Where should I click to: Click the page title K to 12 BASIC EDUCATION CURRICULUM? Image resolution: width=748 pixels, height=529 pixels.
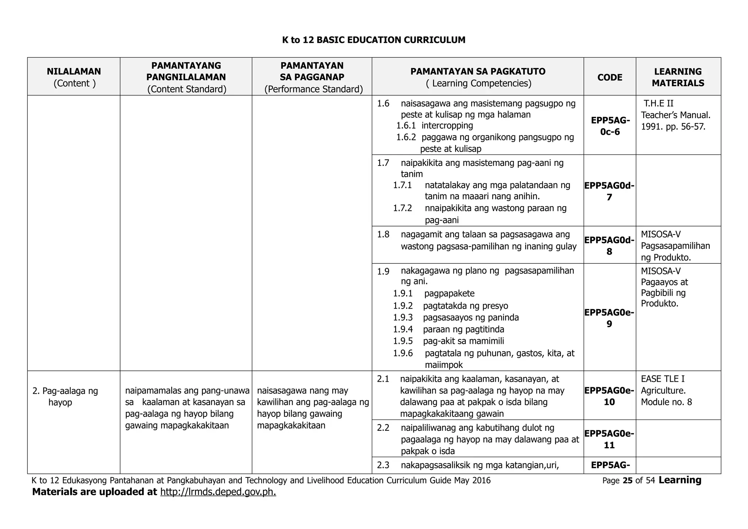(374, 40)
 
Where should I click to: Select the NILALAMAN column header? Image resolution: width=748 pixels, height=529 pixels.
(74, 72)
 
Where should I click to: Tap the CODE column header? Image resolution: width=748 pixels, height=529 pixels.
(610, 77)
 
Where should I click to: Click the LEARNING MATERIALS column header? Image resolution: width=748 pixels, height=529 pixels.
(678, 77)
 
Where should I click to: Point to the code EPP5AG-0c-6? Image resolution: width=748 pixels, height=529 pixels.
(610, 126)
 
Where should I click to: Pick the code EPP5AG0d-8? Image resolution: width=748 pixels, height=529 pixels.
(609, 246)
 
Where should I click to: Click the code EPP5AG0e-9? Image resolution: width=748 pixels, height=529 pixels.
(609, 318)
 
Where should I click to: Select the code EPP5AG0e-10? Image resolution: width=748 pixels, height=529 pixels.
(609, 396)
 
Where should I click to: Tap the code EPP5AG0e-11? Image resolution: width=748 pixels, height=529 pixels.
(609, 439)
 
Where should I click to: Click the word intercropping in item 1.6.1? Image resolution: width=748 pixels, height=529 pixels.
(447, 126)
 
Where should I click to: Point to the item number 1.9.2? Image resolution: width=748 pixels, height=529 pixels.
(403, 306)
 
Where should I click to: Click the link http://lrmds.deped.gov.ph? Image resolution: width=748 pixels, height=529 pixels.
(218, 492)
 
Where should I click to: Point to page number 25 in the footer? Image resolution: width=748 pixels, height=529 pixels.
(627, 481)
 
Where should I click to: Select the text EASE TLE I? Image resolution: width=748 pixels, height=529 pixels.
(663, 379)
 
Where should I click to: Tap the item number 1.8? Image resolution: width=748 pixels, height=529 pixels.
(383, 235)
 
